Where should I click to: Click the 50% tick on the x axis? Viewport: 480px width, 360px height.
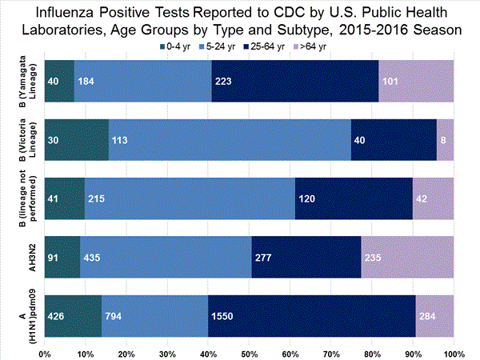(249, 353)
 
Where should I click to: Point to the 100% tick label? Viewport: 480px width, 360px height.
(454, 353)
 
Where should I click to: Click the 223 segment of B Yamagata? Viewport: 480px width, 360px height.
(225, 82)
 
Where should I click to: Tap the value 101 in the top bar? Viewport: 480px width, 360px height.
(392, 82)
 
